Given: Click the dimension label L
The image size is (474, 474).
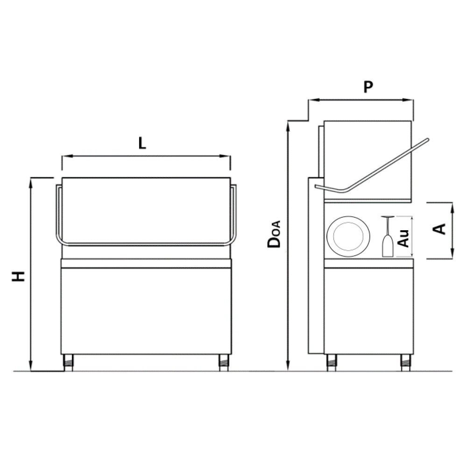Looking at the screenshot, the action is point(142,143).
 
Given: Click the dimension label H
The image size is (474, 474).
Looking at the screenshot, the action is point(18,276).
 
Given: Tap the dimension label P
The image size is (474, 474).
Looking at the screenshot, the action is point(368,87).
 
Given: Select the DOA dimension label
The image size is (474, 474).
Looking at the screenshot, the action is point(274,234).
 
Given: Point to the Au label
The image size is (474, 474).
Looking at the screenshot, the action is point(403,238).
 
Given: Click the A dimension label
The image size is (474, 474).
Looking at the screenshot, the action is point(439,229).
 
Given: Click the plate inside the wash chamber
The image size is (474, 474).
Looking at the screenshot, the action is point(348,237).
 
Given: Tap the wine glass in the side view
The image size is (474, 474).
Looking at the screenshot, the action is point(388,236).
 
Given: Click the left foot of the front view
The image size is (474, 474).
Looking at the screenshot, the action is point(68,362).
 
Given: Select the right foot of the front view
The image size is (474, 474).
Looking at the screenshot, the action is point(224,362).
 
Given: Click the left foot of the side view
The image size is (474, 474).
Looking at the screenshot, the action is point(332,362).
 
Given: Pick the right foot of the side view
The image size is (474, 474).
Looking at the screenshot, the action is point(406,362).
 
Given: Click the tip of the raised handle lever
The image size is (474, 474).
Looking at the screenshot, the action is point(427,140).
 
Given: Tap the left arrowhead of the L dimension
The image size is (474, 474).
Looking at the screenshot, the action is point(66,156).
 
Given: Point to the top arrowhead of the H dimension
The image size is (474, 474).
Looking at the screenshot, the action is point(30,182).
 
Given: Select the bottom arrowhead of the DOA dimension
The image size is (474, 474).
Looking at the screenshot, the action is point(289,366).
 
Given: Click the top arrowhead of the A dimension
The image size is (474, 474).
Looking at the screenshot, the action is point(453,207).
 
